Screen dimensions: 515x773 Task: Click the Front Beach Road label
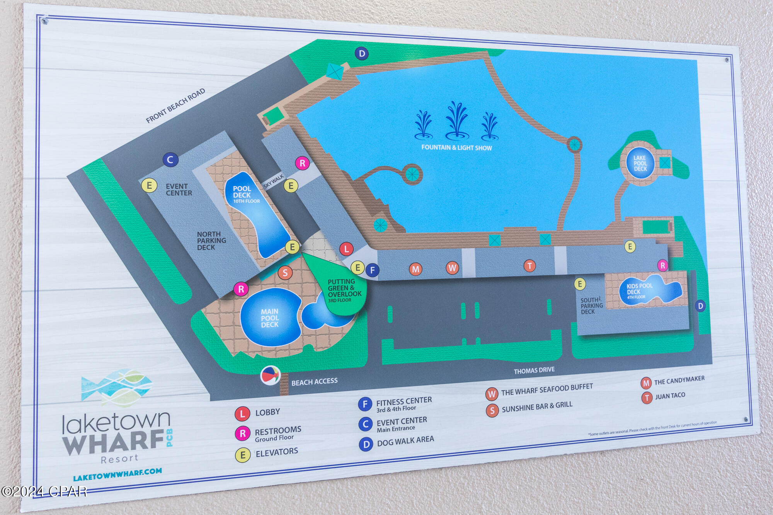[175, 105]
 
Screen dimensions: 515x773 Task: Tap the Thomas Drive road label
[534, 370]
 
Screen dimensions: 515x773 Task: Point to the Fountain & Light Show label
[456, 148]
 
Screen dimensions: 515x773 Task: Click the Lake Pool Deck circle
[640, 163]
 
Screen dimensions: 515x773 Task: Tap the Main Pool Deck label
[269, 318]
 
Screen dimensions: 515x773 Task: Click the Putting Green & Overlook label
[344, 290]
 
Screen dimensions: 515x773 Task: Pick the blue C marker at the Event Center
[170, 160]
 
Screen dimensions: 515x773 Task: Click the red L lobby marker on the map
[346, 249]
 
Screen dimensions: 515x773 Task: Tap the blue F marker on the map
[372, 270]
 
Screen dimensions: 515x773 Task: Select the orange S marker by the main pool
[285, 273]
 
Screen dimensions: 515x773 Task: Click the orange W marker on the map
[452, 267]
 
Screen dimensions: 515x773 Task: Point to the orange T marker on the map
[530, 265]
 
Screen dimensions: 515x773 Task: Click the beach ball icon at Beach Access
[270, 375]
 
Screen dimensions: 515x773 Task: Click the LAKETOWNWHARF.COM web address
[117, 475]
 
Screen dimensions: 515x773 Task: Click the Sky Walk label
[273, 181]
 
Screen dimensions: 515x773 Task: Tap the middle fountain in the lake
[457, 120]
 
